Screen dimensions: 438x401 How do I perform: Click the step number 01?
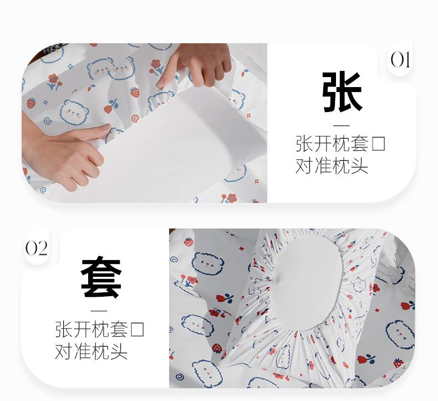pos(400,60)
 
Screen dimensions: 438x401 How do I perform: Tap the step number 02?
pos(36,248)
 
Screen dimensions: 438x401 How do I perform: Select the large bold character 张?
pos(342,91)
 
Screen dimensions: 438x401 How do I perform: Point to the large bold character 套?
pos(101,278)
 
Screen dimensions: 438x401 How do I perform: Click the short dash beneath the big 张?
pos(342,126)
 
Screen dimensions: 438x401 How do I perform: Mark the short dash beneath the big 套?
pos(99,311)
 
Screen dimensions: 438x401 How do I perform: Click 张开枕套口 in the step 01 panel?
pos(340,144)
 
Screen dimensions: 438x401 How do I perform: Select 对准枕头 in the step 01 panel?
pos(332,166)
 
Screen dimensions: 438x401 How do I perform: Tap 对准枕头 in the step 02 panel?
pos(91,352)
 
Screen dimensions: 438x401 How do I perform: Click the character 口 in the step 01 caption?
pos(378,144)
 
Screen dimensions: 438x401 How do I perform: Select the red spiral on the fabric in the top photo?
pos(135,119)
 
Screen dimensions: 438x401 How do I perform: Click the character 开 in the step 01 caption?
pos(323,144)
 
